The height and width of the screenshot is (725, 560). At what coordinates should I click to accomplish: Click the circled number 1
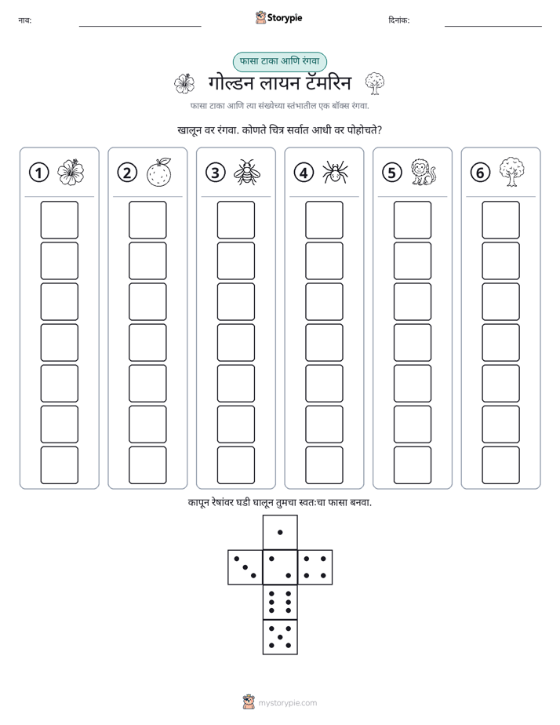[38, 173]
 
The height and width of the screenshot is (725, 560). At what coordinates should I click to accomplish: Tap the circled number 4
[304, 173]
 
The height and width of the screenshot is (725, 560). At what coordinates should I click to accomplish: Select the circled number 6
[480, 173]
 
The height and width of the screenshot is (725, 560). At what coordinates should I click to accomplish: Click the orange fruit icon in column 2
[159, 172]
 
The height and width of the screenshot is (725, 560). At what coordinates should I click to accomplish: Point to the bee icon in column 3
[247, 172]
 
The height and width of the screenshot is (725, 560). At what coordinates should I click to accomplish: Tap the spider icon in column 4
[335, 172]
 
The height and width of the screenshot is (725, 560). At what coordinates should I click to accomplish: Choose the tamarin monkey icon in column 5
[424, 173]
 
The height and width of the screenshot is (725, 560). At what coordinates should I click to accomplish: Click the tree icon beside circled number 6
[511, 172]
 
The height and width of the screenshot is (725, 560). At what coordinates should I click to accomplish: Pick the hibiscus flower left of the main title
[184, 84]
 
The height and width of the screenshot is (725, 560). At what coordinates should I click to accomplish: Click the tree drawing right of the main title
[375, 83]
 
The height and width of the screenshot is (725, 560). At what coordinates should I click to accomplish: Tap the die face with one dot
[280, 532]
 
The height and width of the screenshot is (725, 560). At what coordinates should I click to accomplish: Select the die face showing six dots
[280, 602]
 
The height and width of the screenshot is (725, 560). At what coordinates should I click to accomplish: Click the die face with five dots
[280, 636]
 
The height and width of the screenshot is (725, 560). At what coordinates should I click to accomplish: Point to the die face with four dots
[315, 567]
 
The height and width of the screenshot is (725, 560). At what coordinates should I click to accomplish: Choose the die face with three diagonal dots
[245, 567]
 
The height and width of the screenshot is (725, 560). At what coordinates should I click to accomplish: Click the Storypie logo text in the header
[285, 18]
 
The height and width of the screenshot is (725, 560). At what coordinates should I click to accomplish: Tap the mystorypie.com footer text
[287, 703]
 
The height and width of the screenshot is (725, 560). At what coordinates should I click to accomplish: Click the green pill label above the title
[279, 61]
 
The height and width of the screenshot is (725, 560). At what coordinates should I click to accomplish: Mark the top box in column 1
[59, 220]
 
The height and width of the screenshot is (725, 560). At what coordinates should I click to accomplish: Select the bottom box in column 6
[501, 465]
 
